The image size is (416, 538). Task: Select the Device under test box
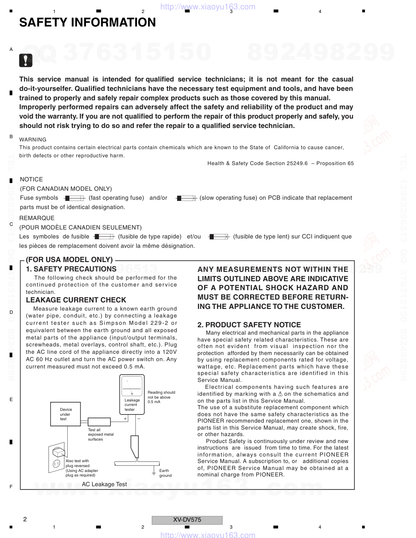(x=65, y=414)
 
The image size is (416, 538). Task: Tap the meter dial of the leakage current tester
(x=132, y=386)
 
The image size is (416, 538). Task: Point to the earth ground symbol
(x=154, y=472)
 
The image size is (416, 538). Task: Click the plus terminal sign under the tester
(x=125, y=419)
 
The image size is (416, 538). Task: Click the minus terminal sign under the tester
(x=139, y=419)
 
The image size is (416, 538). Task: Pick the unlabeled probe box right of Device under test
(x=99, y=422)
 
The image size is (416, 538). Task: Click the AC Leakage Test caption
(x=104, y=484)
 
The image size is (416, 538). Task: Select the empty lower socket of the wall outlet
(x=56, y=463)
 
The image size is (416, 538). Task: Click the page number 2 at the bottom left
(x=25, y=519)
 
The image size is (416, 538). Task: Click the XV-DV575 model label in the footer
(x=187, y=520)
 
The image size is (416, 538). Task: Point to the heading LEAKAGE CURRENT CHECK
(x=76, y=300)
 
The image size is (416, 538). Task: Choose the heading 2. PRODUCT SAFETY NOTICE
(x=249, y=325)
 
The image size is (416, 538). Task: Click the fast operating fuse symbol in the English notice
(x=74, y=198)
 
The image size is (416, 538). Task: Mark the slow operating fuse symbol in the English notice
(x=186, y=198)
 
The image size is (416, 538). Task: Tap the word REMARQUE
(x=37, y=218)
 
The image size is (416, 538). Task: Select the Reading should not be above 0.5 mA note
(x=161, y=397)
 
